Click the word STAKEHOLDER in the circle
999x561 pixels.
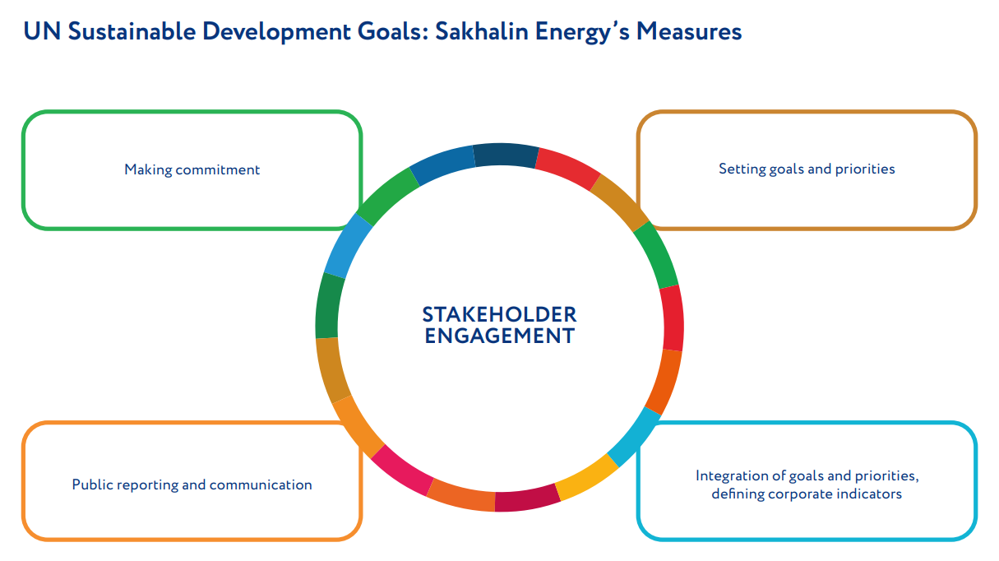[499, 315]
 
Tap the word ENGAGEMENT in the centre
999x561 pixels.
[499, 336]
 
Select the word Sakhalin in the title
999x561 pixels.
[481, 32]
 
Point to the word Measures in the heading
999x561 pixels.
[688, 32]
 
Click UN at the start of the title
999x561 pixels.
[42, 32]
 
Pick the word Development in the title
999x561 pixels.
[276, 33]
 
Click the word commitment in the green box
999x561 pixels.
[218, 169]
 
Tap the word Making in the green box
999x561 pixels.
[148, 170]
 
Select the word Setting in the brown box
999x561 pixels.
[741, 169]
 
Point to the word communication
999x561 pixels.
[261, 484]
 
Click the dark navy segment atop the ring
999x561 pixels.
[506, 155]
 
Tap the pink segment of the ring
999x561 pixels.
[402, 471]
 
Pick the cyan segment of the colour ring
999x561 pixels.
[634, 437]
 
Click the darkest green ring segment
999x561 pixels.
[329, 306]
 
